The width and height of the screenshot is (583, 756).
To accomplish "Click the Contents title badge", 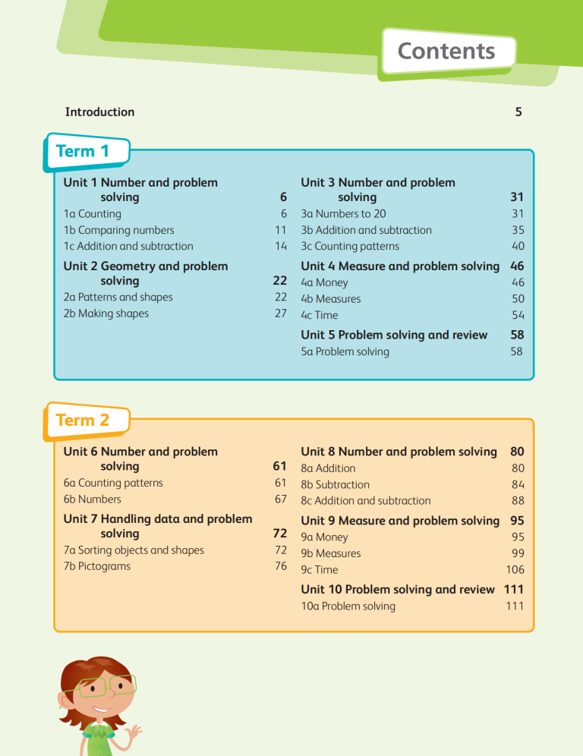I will [446, 52].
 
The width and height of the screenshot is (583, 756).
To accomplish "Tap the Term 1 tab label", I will [83, 151].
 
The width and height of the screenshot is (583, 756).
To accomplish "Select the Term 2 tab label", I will [83, 420].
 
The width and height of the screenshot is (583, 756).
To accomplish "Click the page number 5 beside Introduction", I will [518, 112].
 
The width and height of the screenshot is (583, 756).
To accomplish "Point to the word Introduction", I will [99, 112].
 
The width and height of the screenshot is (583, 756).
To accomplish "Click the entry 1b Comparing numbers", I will [119, 230].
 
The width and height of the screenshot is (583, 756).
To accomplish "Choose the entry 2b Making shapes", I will [106, 313].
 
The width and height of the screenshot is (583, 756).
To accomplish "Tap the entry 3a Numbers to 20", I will [343, 214].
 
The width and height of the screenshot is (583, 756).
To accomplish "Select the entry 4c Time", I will [320, 315].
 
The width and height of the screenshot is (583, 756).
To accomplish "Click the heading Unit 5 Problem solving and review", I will [394, 335].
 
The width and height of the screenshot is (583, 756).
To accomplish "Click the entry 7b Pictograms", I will [97, 566].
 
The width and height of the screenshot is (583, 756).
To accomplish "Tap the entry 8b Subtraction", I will [336, 484].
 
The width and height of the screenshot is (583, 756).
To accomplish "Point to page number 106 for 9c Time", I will [515, 569].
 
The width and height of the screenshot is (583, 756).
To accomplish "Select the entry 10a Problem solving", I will [348, 606].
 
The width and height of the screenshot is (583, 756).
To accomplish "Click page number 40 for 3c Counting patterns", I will [518, 246].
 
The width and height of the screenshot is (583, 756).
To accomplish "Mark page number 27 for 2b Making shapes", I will [280, 313].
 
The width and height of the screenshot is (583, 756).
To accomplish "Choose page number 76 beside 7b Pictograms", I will [280, 566].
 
